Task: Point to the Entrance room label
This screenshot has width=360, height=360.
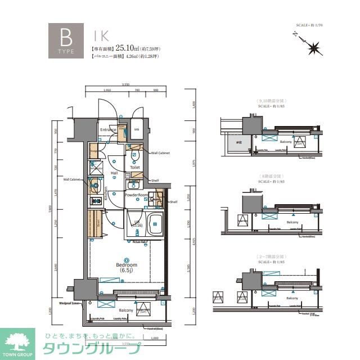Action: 107,130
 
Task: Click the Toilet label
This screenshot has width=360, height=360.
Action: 135,167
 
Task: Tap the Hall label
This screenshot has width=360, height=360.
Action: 114,173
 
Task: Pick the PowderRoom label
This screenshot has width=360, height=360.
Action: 136,195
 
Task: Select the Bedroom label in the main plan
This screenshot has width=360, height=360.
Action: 127,264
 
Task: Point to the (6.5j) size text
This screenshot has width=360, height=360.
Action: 127,271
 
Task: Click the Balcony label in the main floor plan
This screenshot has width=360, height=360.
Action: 126,310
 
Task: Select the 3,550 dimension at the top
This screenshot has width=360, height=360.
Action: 125,84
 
